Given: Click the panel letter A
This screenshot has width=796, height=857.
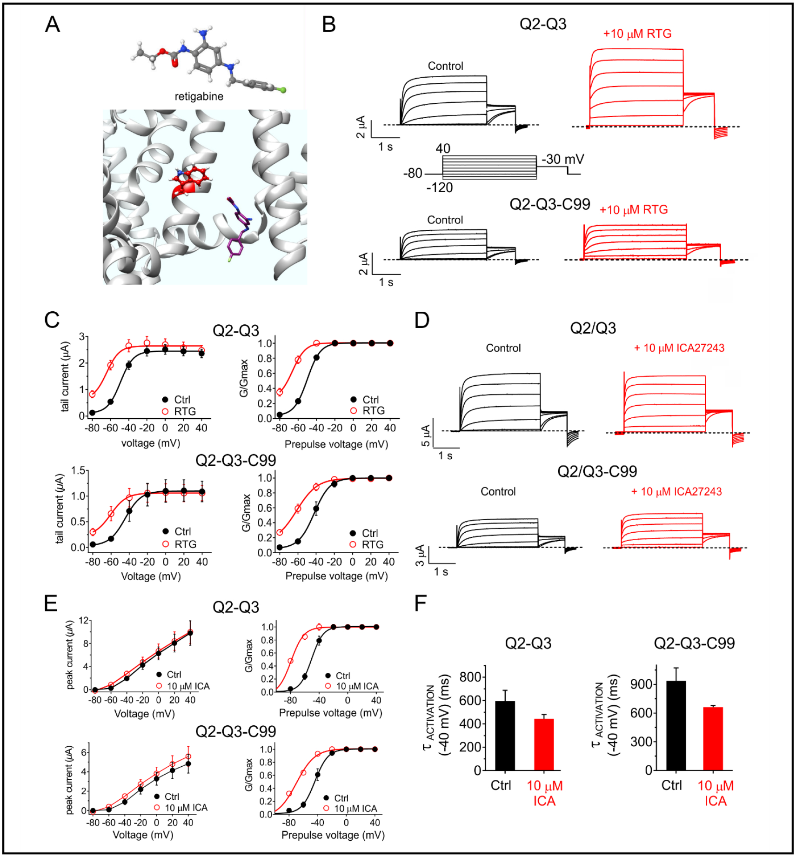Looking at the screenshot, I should click(52, 24).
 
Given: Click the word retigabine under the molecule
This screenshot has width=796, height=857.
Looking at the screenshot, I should click(199, 96).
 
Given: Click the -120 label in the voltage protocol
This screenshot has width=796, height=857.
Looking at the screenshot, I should click(439, 187).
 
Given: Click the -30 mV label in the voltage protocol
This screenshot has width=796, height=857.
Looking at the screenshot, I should click(562, 159).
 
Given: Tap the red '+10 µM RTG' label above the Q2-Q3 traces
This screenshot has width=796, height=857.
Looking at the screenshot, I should click(637, 33).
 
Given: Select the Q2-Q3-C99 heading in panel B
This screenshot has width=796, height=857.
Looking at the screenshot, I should click(549, 204).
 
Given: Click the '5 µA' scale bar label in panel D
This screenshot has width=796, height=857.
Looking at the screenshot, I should click(425, 435).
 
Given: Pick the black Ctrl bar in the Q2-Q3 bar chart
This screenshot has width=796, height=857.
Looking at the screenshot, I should click(505, 735).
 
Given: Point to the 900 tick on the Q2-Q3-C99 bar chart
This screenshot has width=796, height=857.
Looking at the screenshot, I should click(641, 684).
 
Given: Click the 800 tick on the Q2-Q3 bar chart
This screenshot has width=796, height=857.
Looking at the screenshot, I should click(470, 676).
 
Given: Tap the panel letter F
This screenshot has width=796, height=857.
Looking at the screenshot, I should click(420, 603).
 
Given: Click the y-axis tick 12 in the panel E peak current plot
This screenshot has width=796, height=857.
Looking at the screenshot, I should click(84, 620).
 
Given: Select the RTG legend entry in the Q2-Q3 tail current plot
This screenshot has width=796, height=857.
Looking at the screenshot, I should click(179, 411).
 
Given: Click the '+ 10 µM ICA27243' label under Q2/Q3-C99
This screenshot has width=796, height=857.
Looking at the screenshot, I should click(676, 491).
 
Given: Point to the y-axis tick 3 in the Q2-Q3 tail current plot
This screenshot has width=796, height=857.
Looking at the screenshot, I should click(82, 336).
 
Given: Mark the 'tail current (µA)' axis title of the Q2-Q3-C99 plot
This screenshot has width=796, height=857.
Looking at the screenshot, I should click(59, 509).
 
